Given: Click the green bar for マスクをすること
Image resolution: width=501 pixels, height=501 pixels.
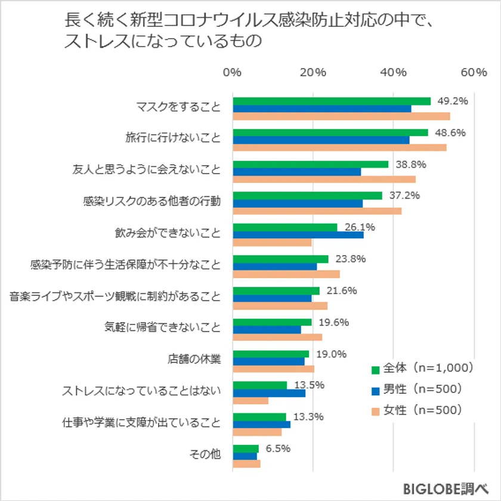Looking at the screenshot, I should (x=331, y=101).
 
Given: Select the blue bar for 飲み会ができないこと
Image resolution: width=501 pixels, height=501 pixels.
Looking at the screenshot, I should (x=298, y=234).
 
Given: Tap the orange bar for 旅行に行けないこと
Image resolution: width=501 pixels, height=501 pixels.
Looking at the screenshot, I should (x=339, y=147).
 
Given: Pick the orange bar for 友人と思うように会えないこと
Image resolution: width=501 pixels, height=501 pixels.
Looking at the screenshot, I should (x=324, y=179).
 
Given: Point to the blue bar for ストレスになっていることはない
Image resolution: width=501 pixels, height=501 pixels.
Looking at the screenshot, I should (x=269, y=392).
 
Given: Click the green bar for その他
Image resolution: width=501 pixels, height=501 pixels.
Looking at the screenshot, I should (x=246, y=448).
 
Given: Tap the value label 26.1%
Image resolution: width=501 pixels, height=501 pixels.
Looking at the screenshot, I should (x=359, y=227).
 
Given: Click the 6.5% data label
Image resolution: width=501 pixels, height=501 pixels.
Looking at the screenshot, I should (x=278, y=448).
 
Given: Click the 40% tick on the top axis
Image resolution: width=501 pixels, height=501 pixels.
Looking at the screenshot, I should (x=394, y=73).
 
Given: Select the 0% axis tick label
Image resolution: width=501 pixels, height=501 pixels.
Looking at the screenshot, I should (x=232, y=73).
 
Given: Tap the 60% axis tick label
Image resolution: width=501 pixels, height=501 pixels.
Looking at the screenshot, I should (x=474, y=73).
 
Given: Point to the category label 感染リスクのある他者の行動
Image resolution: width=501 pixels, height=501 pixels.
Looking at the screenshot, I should (x=151, y=201).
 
